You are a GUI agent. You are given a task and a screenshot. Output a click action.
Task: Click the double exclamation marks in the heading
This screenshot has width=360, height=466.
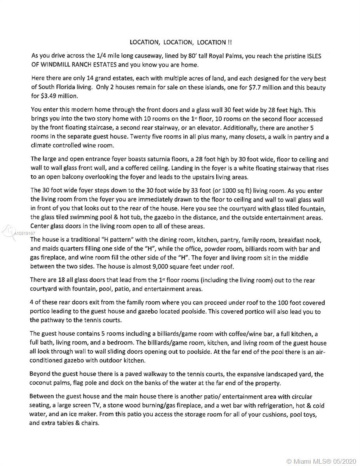point(231,42)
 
